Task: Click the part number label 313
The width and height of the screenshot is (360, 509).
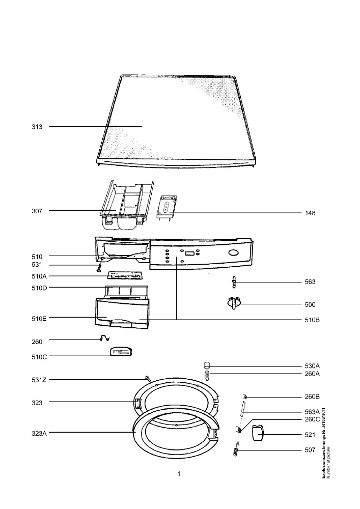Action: [x=37, y=127]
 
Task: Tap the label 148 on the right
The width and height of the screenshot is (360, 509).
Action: [x=310, y=213]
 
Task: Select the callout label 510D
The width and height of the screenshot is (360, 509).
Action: [x=39, y=288]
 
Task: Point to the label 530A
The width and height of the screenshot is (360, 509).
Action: [x=312, y=366]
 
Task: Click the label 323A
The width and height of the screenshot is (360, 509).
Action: [x=39, y=433]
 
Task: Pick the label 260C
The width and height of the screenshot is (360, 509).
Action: [x=312, y=419]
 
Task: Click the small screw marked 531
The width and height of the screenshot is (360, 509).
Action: [x=99, y=268]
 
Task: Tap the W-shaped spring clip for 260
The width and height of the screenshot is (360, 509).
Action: [x=104, y=338]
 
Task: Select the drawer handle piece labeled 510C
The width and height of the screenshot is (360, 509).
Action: [x=121, y=351]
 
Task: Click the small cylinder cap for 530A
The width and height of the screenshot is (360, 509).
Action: [x=207, y=365]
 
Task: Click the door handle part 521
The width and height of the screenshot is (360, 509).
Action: [x=258, y=433]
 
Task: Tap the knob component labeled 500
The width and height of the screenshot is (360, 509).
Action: [x=234, y=303]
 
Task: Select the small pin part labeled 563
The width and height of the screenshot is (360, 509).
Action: [x=234, y=282]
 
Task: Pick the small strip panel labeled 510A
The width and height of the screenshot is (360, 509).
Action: [x=125, y=276]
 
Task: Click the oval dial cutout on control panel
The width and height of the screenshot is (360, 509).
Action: [x=234, y=253]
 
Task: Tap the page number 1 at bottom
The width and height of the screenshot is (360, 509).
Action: [x=179, y=474]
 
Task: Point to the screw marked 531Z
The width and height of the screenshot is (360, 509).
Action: [x=148, y=378]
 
